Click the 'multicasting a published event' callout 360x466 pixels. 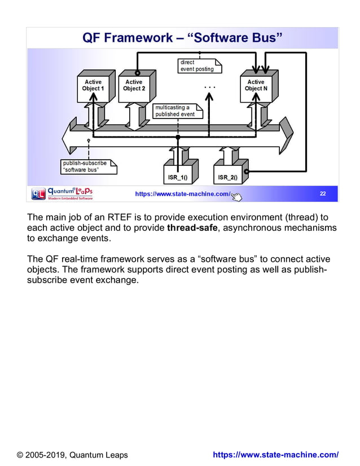click(175, 111)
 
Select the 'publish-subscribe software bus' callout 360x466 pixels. click(88, 166)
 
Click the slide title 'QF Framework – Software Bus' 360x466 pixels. click(182, 38)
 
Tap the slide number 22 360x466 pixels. click(323, 194)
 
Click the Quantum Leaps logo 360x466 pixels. click(62, 194)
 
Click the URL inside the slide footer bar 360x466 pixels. click(182, 195)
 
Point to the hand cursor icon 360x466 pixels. click(236, 196)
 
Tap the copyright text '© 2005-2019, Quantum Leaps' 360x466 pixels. click(72, 455)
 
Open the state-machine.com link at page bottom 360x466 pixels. click(276, 455)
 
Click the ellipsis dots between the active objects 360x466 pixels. click(209, 88)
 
